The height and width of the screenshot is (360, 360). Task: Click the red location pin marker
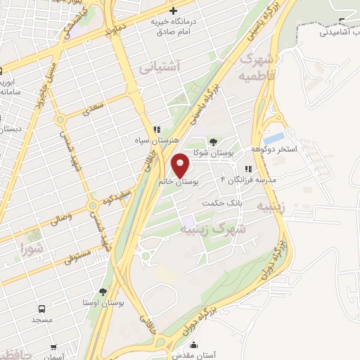181,165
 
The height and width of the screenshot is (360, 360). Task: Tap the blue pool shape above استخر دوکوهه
274,136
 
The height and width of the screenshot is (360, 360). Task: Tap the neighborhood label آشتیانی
160,67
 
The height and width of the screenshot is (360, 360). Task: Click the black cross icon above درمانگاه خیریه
173,10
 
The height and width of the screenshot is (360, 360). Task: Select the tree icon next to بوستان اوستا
104,291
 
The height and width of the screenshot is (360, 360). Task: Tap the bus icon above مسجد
41,309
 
